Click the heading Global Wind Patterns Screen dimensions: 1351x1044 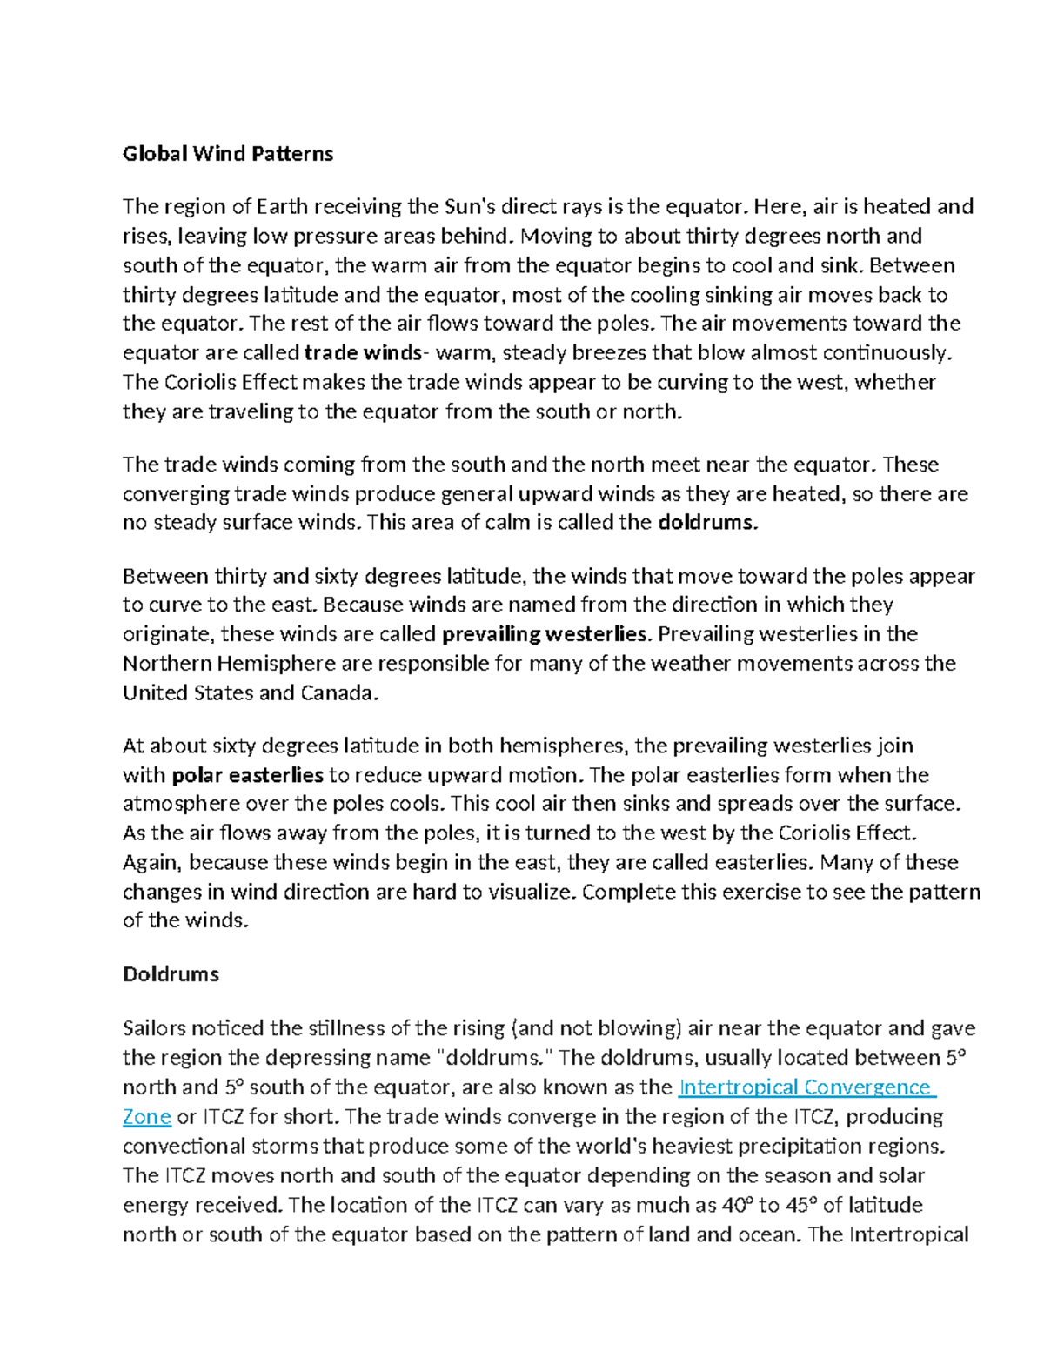click(228, 154)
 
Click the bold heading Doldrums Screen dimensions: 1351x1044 click(171, 973)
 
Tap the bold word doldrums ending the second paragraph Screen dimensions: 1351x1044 click(707, 523)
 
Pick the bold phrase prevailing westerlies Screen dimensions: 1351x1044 click(545, 634)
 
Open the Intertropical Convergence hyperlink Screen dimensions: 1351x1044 click(805, 1087)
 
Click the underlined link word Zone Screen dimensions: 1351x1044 click(146, 1117)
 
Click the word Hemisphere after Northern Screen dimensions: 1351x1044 click(276, 664)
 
